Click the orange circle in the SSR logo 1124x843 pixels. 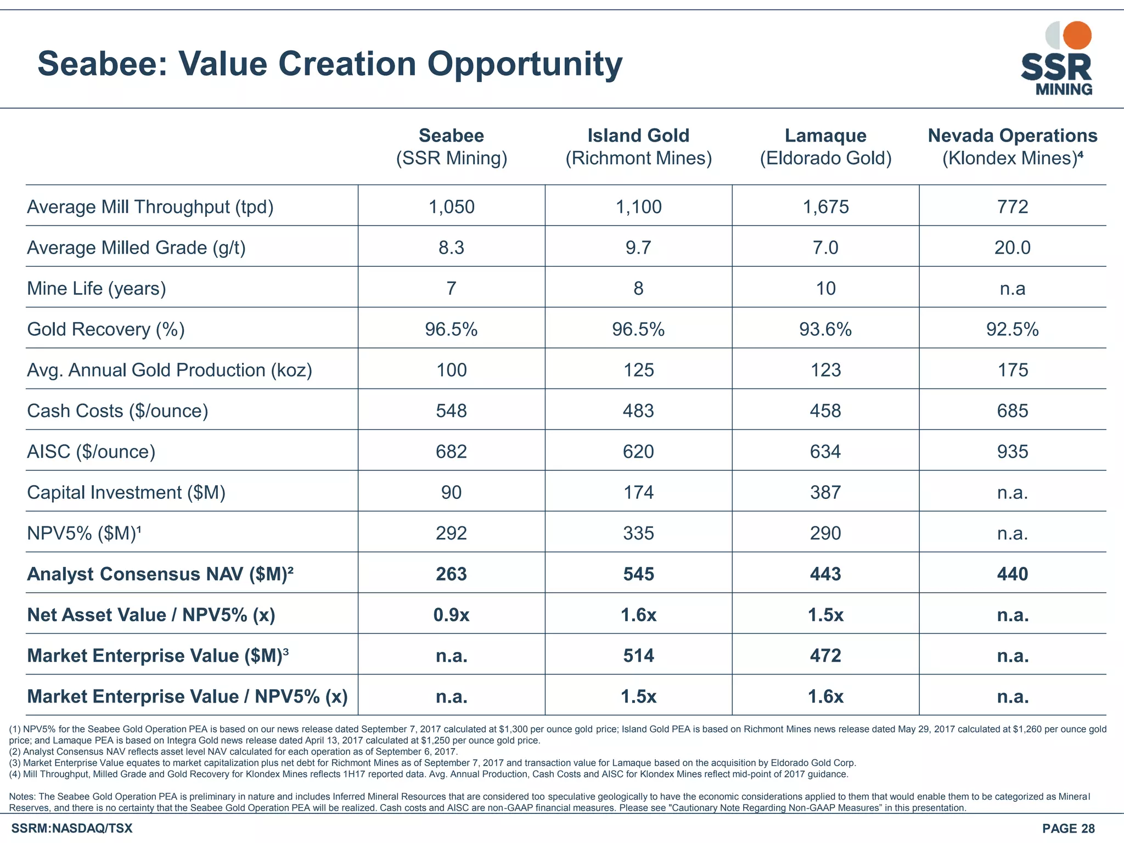coord(1077,36)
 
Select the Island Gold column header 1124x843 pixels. coord(638,146)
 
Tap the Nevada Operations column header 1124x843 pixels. coord(1012,146)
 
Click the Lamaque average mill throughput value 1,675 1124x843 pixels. coord(825,207)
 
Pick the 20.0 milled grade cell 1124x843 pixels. coord(1012,248)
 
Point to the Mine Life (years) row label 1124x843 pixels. coord(97,288)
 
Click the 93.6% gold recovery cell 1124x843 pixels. coord(825,329)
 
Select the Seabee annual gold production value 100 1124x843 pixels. coord(451,370)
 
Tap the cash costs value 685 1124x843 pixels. coord(1012,411)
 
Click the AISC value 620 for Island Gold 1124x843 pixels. coord(638,451)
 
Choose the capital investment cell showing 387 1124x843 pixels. coord(825,492)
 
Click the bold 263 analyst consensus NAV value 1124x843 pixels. coord(451,574)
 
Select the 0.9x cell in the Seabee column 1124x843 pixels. coord(451,615)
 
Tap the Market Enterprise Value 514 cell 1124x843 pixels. coord(638,655)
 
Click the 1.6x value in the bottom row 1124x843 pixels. coord(825,696)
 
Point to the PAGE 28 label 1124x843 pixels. coord(1068,829)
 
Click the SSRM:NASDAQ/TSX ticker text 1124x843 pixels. coord(72,829)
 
